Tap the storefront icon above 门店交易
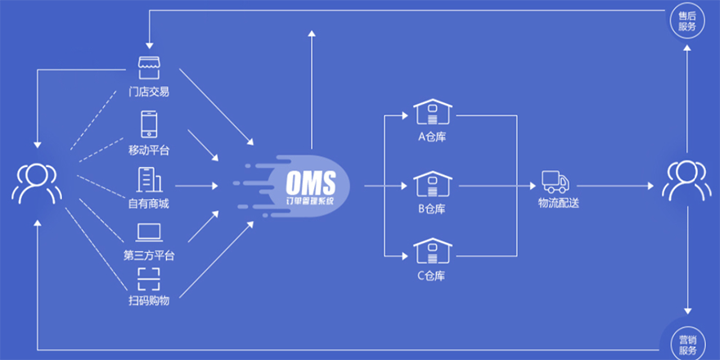pos(149,69)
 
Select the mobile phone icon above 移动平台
pos(149,124)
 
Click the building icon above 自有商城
pos(149,179)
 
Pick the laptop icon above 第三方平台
pos(149,233)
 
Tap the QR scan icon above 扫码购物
pos(149,280)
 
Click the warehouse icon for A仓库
pos(432,113)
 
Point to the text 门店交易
pos(149,92)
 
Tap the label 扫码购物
pos(149,301)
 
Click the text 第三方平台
pos(149,255)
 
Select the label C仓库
pos(432,275)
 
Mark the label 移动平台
pos(149,150)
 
